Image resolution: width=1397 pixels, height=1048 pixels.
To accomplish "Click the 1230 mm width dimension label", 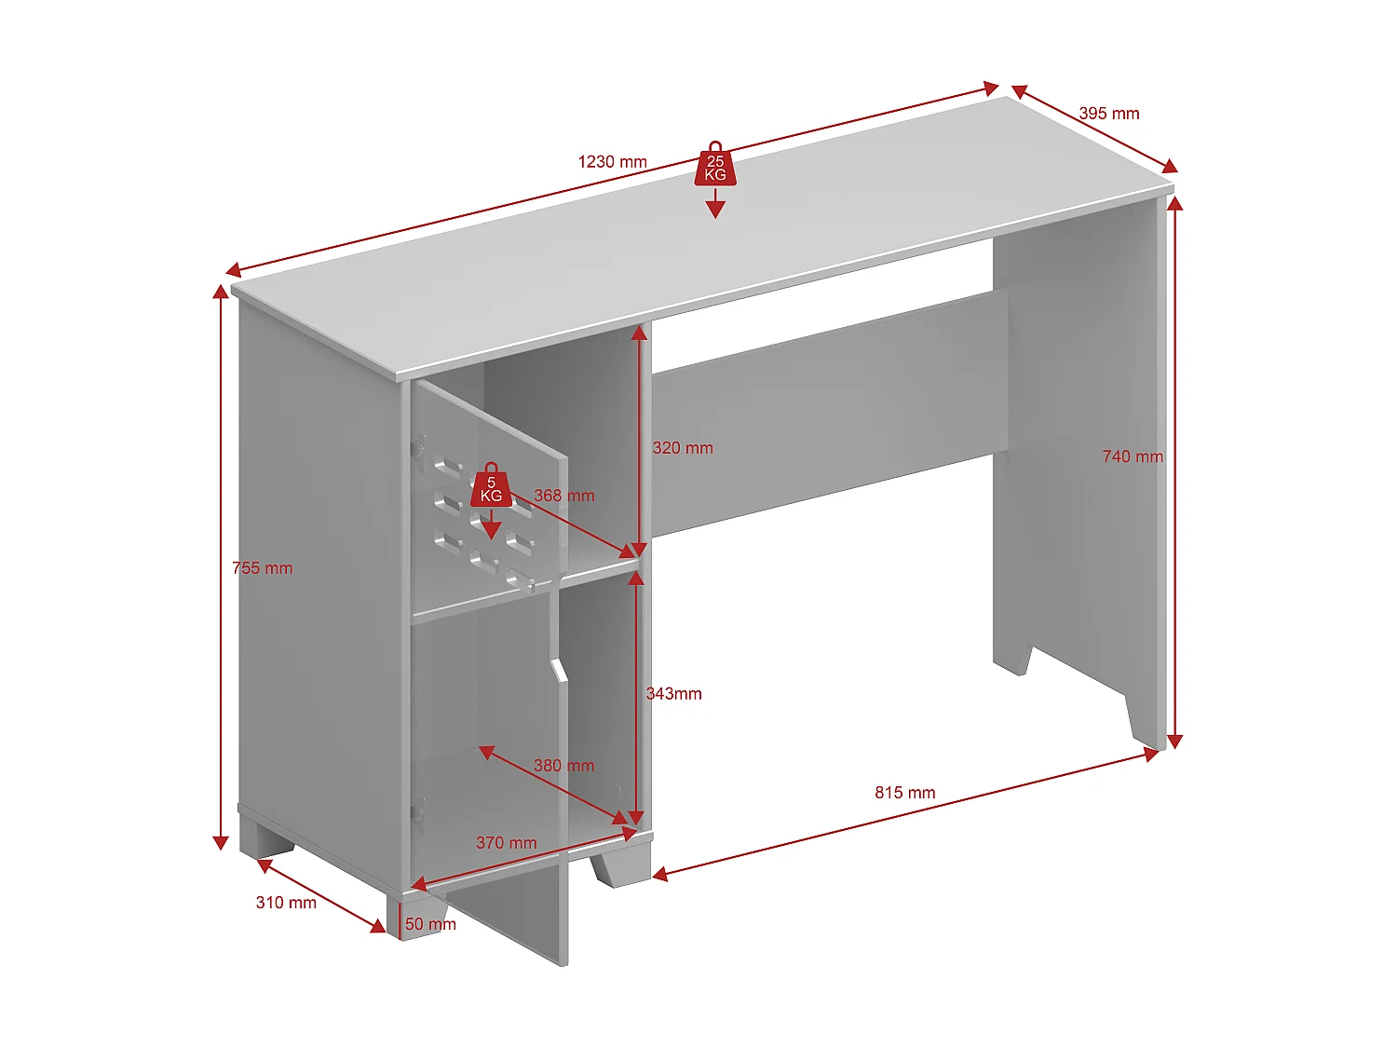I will tap(612, 162).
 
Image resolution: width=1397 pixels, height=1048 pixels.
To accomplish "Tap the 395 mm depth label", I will tap(1108, 114).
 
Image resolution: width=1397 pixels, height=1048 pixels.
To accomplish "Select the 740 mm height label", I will tap(1133, 456).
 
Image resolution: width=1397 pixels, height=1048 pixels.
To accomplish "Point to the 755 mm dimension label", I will tap(262, 568).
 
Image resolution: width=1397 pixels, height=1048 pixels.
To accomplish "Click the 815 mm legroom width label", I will tap(904, 793).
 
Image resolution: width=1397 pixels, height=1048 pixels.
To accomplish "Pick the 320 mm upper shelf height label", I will tap(683, 448).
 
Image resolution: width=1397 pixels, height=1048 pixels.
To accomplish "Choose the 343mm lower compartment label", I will tap(673, 694).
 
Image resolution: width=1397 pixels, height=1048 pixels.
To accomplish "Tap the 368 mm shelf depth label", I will tap(563, 496).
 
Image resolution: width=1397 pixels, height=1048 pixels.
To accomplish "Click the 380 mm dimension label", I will tap(563, 766).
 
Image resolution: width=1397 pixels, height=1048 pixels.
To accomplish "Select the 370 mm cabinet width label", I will tap(506, 843).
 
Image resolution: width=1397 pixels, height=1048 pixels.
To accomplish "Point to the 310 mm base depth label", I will tap(286, 903).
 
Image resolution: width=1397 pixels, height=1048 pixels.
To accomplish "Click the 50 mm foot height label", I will tap(430, 924).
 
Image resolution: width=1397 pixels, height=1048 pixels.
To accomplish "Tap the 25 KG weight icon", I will tap(715, 166).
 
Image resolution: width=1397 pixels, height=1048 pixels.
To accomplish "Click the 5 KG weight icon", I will tap(491, 487).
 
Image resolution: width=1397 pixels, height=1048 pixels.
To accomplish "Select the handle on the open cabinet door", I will tap(559, 670).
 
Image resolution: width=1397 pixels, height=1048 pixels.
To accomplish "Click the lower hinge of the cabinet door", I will tap(418, 812).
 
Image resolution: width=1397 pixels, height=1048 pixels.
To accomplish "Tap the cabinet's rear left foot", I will tap(266, 838).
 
